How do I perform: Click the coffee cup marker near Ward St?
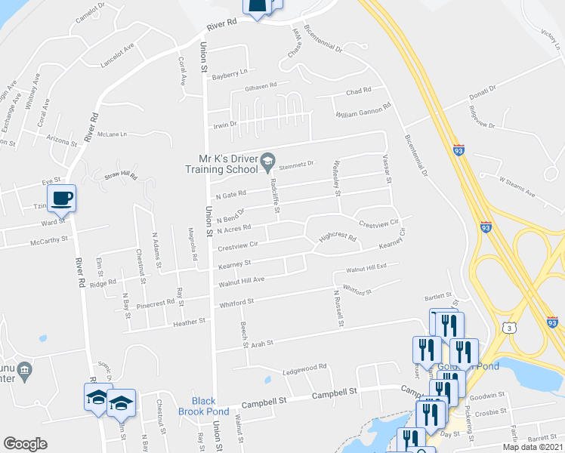pos(62,199)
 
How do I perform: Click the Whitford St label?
pos(235,302)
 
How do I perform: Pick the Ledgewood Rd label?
pos(304,367)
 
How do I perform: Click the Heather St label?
pos(190,322)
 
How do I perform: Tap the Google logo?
pos(26,444)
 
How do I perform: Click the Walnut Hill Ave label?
pos(241,280)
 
